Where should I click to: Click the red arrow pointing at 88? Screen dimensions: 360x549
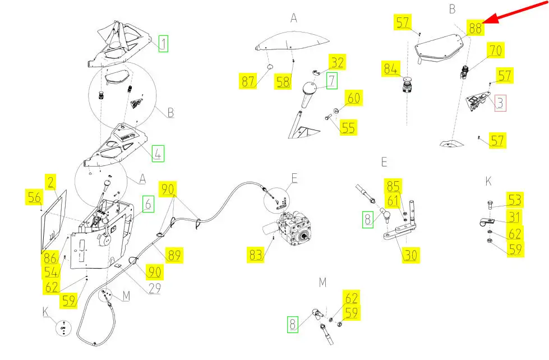point(513,12)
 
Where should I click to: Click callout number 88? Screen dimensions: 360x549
point(475,27)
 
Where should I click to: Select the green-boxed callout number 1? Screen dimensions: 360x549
point(163,43)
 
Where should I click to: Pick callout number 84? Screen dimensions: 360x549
point(391,69)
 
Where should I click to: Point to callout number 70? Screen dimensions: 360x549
point(495,50)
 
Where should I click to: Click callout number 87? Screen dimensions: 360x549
point(248,81)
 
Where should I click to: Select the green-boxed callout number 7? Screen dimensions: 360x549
point(332,81)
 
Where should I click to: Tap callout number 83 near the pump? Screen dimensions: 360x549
point(256,255)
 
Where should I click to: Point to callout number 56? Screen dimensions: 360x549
point(34,196)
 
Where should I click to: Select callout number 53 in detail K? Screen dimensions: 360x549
point(515,199)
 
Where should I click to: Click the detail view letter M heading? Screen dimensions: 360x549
point(322,282)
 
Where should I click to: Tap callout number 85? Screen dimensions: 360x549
point(393,185)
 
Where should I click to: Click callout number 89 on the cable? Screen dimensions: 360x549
point(176,255)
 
